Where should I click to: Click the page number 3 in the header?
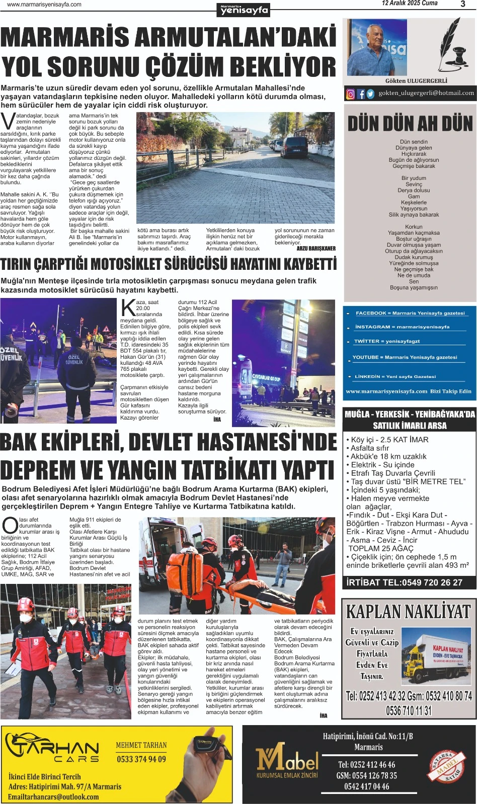click(462, 4)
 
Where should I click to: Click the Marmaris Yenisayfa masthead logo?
click(245, 10)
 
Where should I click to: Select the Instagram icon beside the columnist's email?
click(350, 94)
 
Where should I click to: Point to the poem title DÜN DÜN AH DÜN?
click(410, 124)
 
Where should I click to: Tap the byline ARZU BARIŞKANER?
click(315, 248)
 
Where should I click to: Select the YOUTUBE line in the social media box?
click(405, 357)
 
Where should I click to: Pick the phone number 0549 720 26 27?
click(432, 582)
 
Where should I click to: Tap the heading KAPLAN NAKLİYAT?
click(408, 612)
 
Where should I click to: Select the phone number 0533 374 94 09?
click(141, 759)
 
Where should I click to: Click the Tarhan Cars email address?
click(53, 797)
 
